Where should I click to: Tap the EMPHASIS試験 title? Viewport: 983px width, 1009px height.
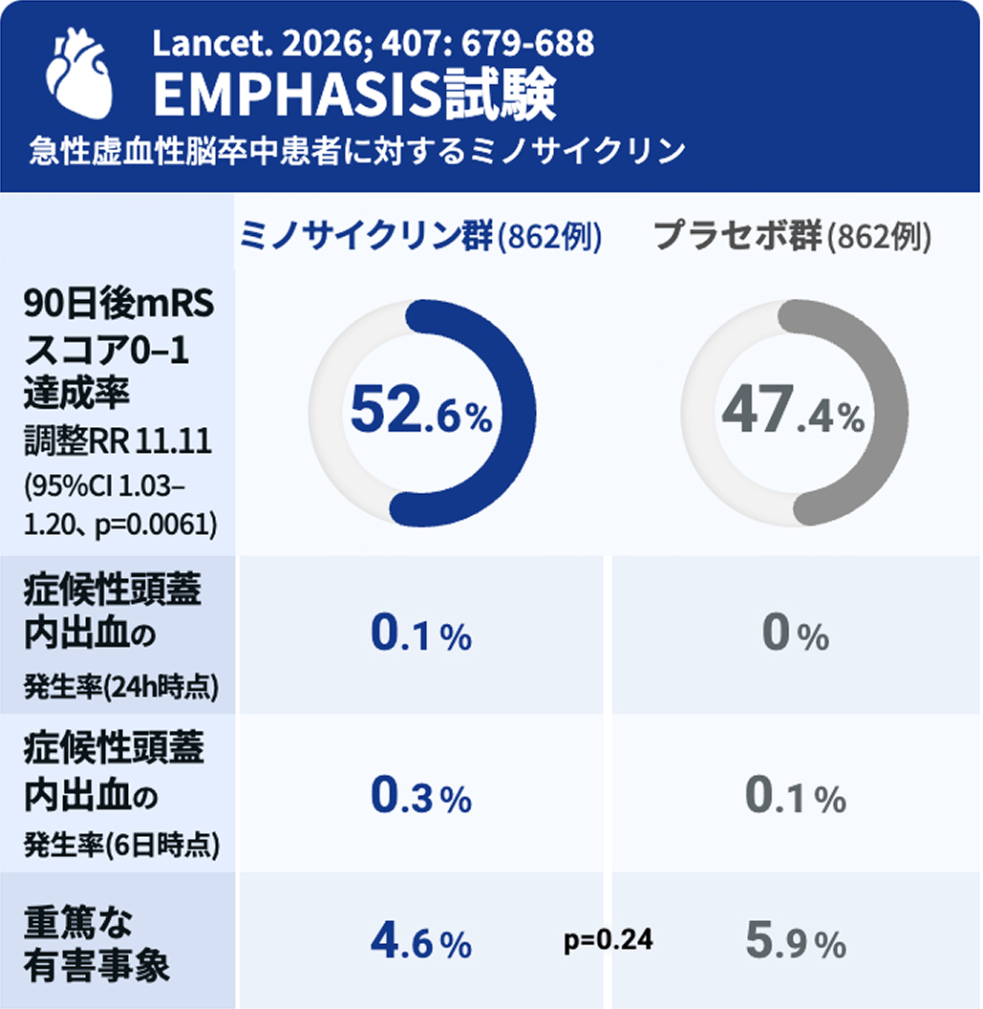[x=354, y=95]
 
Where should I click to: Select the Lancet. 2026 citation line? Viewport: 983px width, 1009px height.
[x=373, y=42]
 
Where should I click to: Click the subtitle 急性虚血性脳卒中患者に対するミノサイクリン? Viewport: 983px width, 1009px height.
[x=357, y=151]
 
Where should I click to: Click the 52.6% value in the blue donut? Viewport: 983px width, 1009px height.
[x=420, y=413]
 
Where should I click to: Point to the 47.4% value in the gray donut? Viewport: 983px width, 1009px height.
[x=792, y=413]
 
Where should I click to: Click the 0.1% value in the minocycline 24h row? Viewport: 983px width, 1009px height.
[x=420, y=635]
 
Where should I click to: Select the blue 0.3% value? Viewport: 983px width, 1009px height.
[x=420, y=797]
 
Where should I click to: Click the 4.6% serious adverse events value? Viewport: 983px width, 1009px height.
[x=420, y=943]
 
